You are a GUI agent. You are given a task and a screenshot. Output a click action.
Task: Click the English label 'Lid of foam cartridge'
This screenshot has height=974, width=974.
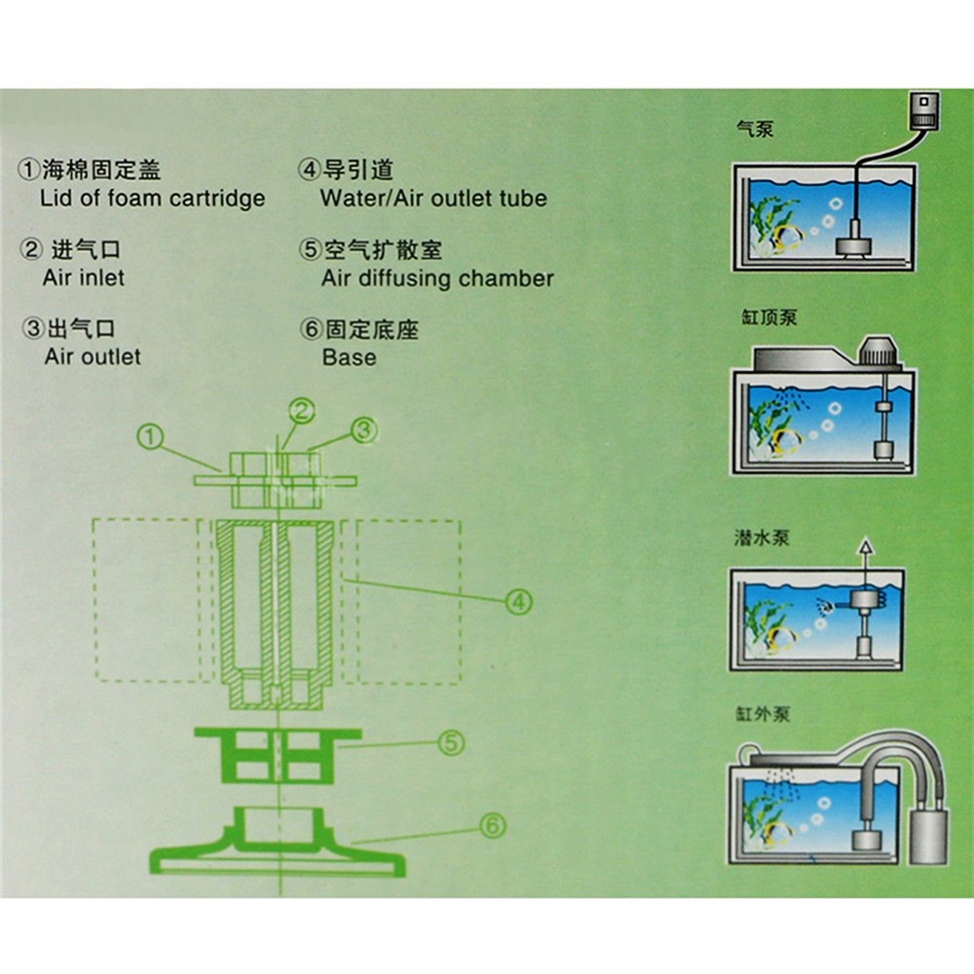tap(153, 199)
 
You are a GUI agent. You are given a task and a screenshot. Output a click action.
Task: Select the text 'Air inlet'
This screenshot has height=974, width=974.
tap(84, 278)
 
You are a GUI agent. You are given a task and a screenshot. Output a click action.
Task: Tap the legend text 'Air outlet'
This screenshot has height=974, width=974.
tap(93, 356)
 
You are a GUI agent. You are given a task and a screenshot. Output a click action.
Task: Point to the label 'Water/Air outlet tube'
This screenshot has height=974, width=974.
tap(433, 199)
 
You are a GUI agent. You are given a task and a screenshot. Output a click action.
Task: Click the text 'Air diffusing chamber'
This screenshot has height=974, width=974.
tap(437, 279)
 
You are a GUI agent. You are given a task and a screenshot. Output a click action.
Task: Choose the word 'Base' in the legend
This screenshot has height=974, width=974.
tap(349, 357)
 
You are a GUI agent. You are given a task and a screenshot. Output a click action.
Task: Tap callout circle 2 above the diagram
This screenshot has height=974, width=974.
tap(303, 410)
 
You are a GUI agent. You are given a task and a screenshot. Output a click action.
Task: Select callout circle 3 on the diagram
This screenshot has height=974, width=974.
tap(363, 429)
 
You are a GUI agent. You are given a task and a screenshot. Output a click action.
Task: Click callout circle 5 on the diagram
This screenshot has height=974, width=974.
tap(450, 743)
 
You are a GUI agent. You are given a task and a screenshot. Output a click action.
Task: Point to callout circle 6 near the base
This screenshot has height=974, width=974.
tap(493, 827)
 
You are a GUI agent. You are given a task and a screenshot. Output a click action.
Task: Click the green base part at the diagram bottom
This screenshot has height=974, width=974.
tap(277, 846)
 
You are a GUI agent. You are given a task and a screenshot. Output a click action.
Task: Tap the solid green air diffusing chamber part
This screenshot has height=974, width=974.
tap(278, 755)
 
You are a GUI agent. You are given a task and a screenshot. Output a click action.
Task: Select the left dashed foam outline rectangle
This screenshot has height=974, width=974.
tap(147, 600)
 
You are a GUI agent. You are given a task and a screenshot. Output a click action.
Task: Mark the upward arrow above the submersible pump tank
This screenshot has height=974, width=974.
tap(862, 550)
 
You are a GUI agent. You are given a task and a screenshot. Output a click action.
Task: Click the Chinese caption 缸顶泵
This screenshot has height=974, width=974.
tap(768, 318)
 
